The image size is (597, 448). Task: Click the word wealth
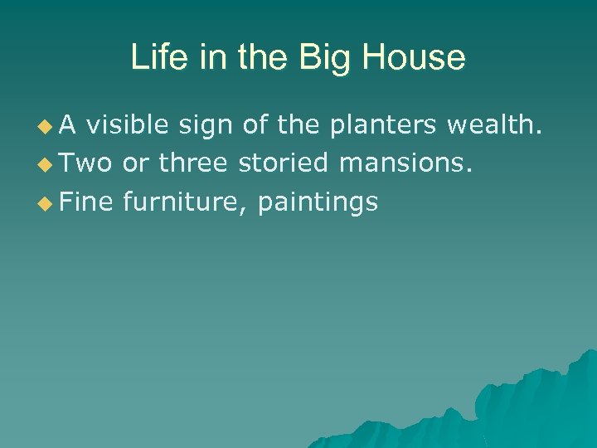[495, 126]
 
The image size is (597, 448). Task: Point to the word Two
[86, 163]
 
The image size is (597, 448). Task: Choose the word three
[192, 163]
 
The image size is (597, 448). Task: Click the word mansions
[405, 163]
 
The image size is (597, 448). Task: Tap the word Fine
[86, 201]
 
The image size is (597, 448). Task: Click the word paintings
[317, 201]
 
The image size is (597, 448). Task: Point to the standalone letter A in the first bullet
[69, 126]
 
